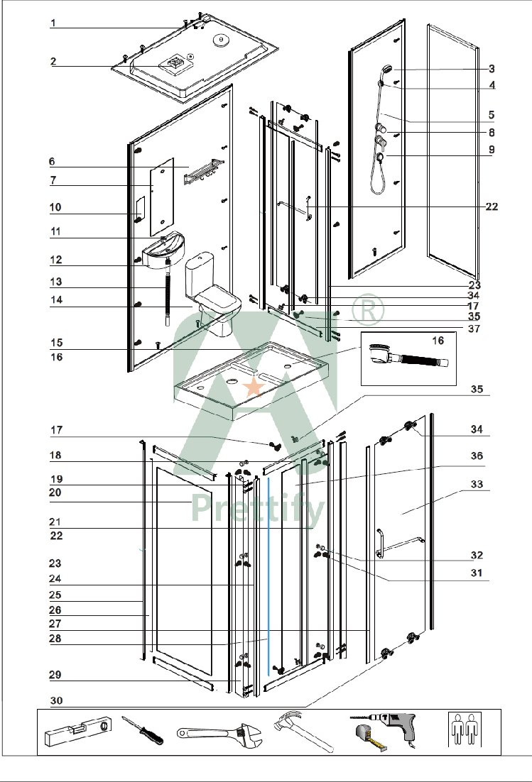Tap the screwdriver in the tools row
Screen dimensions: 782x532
click(142, 730)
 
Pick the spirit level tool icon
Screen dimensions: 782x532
click(77, 732)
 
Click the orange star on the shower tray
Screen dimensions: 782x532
click(253, 387)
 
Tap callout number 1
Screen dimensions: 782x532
click(54, 23)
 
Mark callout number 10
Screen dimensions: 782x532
click(56, 207)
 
